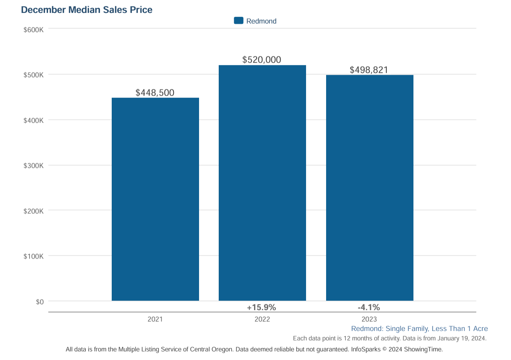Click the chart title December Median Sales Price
pos(86,10)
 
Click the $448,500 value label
pos(155,92)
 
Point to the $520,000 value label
pos(262,60)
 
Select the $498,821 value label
pos(369,70)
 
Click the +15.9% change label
pos(262,307)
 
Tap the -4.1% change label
pos(369,307)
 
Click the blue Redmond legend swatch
pos(238,21)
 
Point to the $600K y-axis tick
pos(33,29)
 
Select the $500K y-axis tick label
pos(33,75)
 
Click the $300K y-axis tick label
pos(33,166)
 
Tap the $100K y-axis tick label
pos(33,257)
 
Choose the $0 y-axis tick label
pos(39,302)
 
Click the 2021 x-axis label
pos(155,319)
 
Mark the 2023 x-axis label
pos(369,319)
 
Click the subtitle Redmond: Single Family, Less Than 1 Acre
pos(419,329)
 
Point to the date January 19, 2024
pos(461,338)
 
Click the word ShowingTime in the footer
pos(423,349)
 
